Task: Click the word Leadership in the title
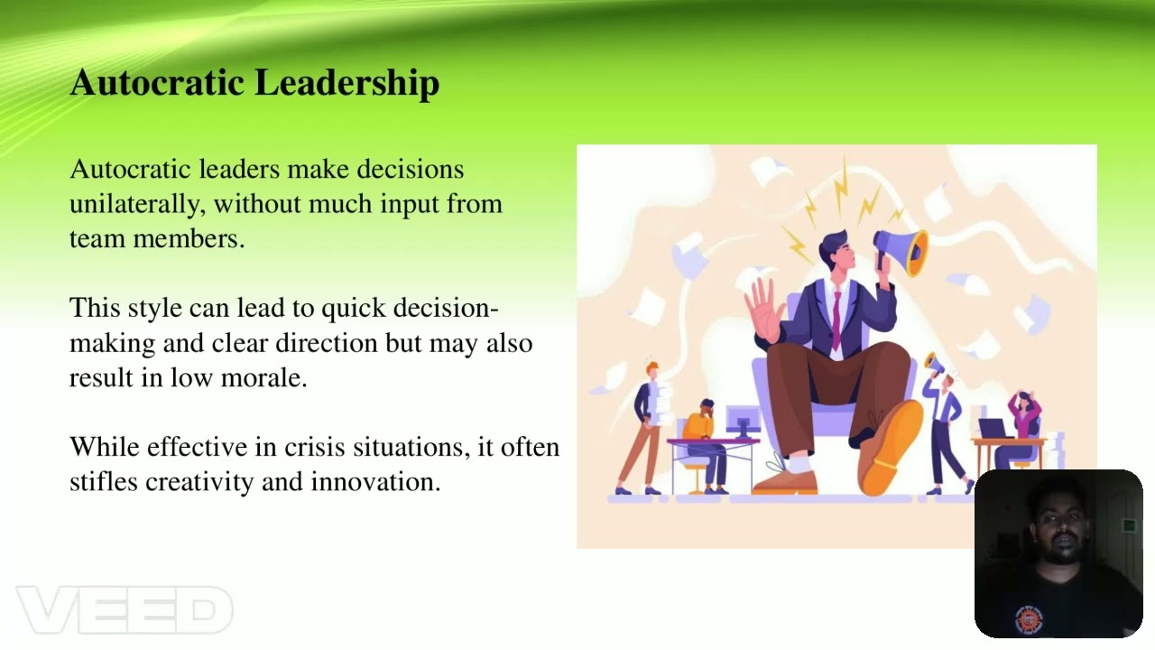(x=346, y=83)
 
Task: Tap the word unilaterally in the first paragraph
(x=135, y=204)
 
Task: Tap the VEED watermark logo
(x=125, y=609)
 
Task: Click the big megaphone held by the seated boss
(x=901, y=250)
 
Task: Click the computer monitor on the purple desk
(x=744, y=421)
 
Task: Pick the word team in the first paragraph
(x=97, y=239)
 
